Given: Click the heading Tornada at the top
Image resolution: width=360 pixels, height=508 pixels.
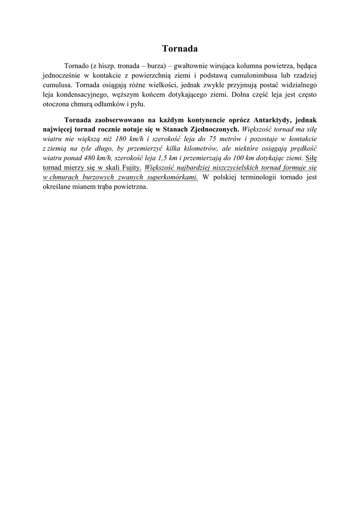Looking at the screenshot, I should click(x=180, y=49).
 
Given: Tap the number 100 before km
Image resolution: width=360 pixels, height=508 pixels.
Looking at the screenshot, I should click(x=234, y=158).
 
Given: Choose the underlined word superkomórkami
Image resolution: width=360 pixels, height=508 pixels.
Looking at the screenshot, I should click(x=172, y=177).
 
